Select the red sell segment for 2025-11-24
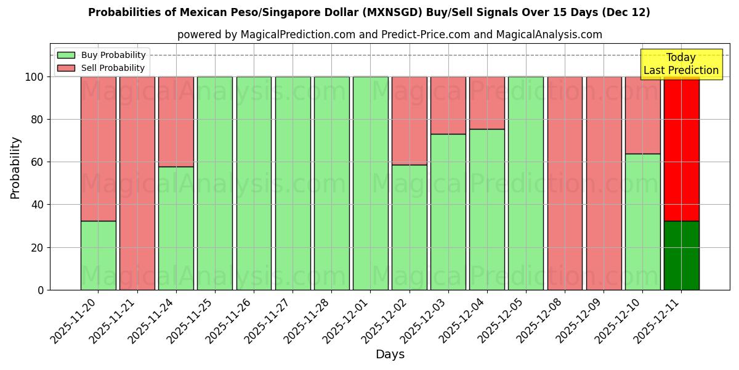pyautogui.click(x=176, y=121)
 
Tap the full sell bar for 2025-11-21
pyautogui.click(x=137, y=183)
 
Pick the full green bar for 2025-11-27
pyautogui.click(x=293, y=183)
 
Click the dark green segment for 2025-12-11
pyautogui.click(x=681, y=255)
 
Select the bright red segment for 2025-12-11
pyautogui.click(x=681, y=149)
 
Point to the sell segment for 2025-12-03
pyautogui.click(x=448, y=105)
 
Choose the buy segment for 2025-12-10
pyautogui.click(x=642, y=222)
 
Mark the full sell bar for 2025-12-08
pyautogui.click(x=565, y=183)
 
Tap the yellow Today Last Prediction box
pyautogui.click(x=681, y=64)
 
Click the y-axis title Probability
pyautogui.click(x=15, y=168)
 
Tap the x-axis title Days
pyautogui.click(x=390, y=355)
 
